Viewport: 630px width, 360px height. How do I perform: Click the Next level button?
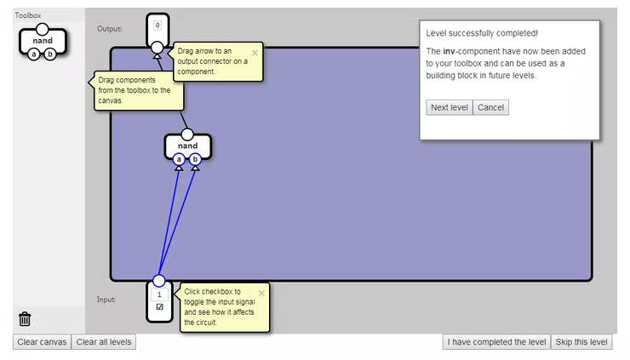449,107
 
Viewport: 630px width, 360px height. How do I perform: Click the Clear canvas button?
42,342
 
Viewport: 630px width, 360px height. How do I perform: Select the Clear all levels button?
104,342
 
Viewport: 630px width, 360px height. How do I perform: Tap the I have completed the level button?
496,342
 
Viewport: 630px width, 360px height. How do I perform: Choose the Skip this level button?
581,342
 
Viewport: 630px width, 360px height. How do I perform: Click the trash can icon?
25,319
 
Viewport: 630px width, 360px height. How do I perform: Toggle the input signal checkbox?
159,307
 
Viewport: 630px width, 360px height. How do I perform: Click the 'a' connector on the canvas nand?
179,159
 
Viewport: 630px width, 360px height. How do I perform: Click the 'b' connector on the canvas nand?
195,159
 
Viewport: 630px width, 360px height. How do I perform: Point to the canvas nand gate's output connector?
187,134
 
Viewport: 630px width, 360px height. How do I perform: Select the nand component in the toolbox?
42,41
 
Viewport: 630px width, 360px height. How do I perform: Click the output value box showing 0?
157,26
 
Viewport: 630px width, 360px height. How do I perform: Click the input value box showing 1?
159,294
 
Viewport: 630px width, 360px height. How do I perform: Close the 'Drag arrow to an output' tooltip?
255,52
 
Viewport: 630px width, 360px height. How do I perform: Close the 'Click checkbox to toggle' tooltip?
261,293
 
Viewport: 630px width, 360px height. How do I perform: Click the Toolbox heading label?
27,15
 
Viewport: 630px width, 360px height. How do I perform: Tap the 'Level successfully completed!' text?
481,33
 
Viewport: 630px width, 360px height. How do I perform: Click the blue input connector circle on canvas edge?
158,280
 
